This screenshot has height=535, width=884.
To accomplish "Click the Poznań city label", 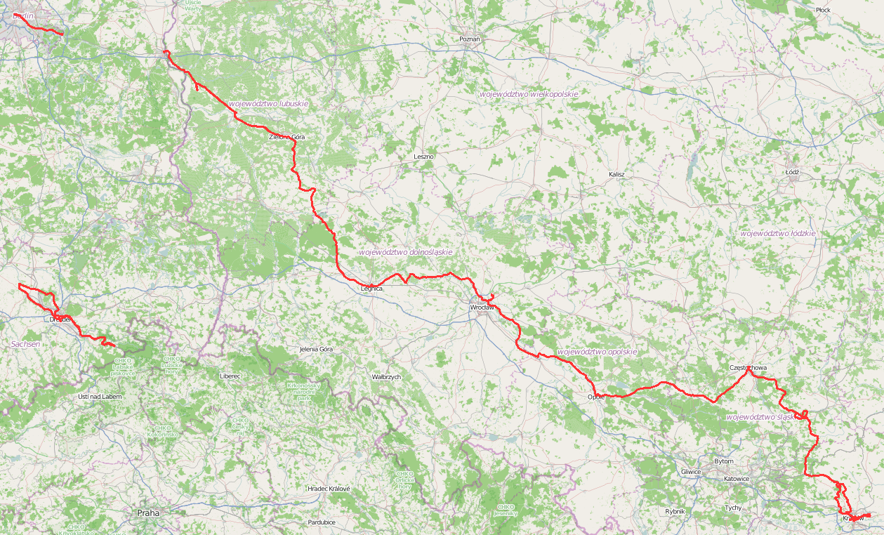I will pos(469,39).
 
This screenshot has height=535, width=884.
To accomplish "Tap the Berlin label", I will pos(23,15).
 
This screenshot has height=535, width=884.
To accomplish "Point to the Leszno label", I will pos(424,157).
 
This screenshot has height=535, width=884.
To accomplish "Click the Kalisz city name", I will pos(616,174).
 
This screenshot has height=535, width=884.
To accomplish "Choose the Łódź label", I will pos(793,171).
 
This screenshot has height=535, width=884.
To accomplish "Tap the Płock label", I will pos(823,10).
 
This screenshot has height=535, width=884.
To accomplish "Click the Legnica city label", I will pos(371,289).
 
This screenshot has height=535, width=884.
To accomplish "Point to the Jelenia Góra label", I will pos(316,349).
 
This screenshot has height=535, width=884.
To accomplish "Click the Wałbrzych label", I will pos(386,377).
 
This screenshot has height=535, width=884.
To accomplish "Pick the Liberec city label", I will pos(230,376).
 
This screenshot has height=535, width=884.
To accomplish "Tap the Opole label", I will pos(595,397).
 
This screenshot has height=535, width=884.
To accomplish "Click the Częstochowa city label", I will pos(748,368).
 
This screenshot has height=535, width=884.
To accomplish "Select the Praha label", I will pos(148,513).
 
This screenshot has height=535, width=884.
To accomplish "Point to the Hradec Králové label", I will pos(329,489).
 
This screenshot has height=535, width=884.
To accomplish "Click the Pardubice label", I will pos(322,522).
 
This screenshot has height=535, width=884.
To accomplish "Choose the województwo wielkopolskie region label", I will pos(529,94).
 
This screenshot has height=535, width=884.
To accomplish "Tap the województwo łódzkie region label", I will pos(777,232).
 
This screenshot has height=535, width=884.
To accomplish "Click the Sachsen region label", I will pos(26,344).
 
